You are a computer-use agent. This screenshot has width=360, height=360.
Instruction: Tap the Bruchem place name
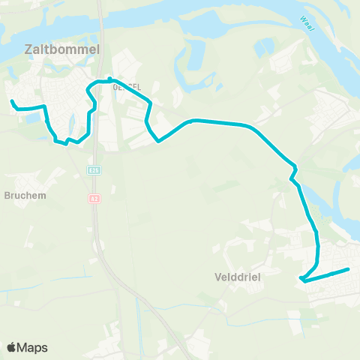pos(25,196)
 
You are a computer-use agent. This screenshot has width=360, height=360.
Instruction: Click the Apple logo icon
pos(11,347)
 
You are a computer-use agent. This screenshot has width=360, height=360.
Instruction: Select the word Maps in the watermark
pos(32,347)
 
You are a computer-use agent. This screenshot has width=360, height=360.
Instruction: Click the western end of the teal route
pos(11,100)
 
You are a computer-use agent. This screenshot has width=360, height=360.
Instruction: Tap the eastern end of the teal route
pos(349,269)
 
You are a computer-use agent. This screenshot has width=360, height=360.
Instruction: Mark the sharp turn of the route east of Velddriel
pos(300,280)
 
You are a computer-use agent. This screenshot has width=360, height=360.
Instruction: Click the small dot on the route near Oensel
pos(110,78)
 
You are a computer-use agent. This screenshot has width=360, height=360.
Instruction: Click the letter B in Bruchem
pos(7,196)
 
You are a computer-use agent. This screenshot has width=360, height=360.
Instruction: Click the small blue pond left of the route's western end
pos(29,118)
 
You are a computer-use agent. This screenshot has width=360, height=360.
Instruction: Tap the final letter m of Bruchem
pos(42,196)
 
